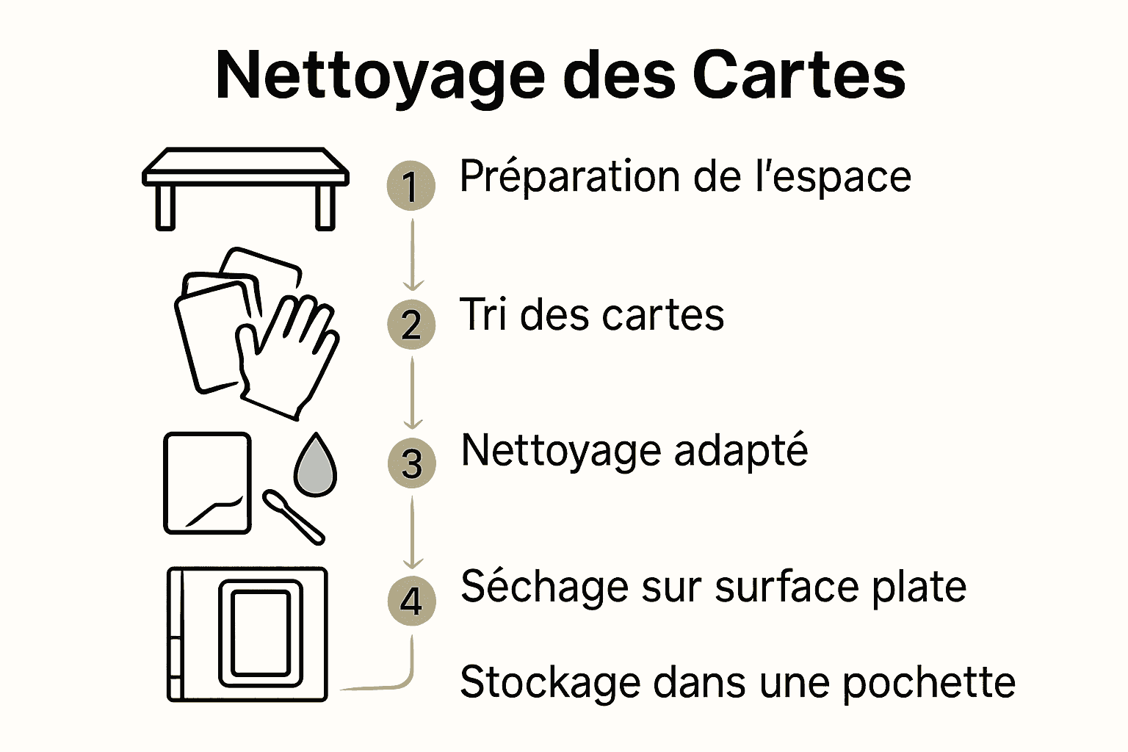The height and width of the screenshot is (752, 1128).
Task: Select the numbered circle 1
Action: tap(411, 185)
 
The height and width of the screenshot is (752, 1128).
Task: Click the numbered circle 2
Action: tap(411, 324)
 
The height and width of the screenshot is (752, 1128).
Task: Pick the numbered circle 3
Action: tap(411, 463)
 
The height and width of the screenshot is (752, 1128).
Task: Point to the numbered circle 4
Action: tap(411, 601)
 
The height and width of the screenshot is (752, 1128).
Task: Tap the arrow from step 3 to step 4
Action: tap(413, 532)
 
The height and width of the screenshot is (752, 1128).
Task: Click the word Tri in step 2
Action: tap(483, 315)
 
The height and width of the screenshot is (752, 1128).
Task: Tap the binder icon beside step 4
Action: tap(247, 634)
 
